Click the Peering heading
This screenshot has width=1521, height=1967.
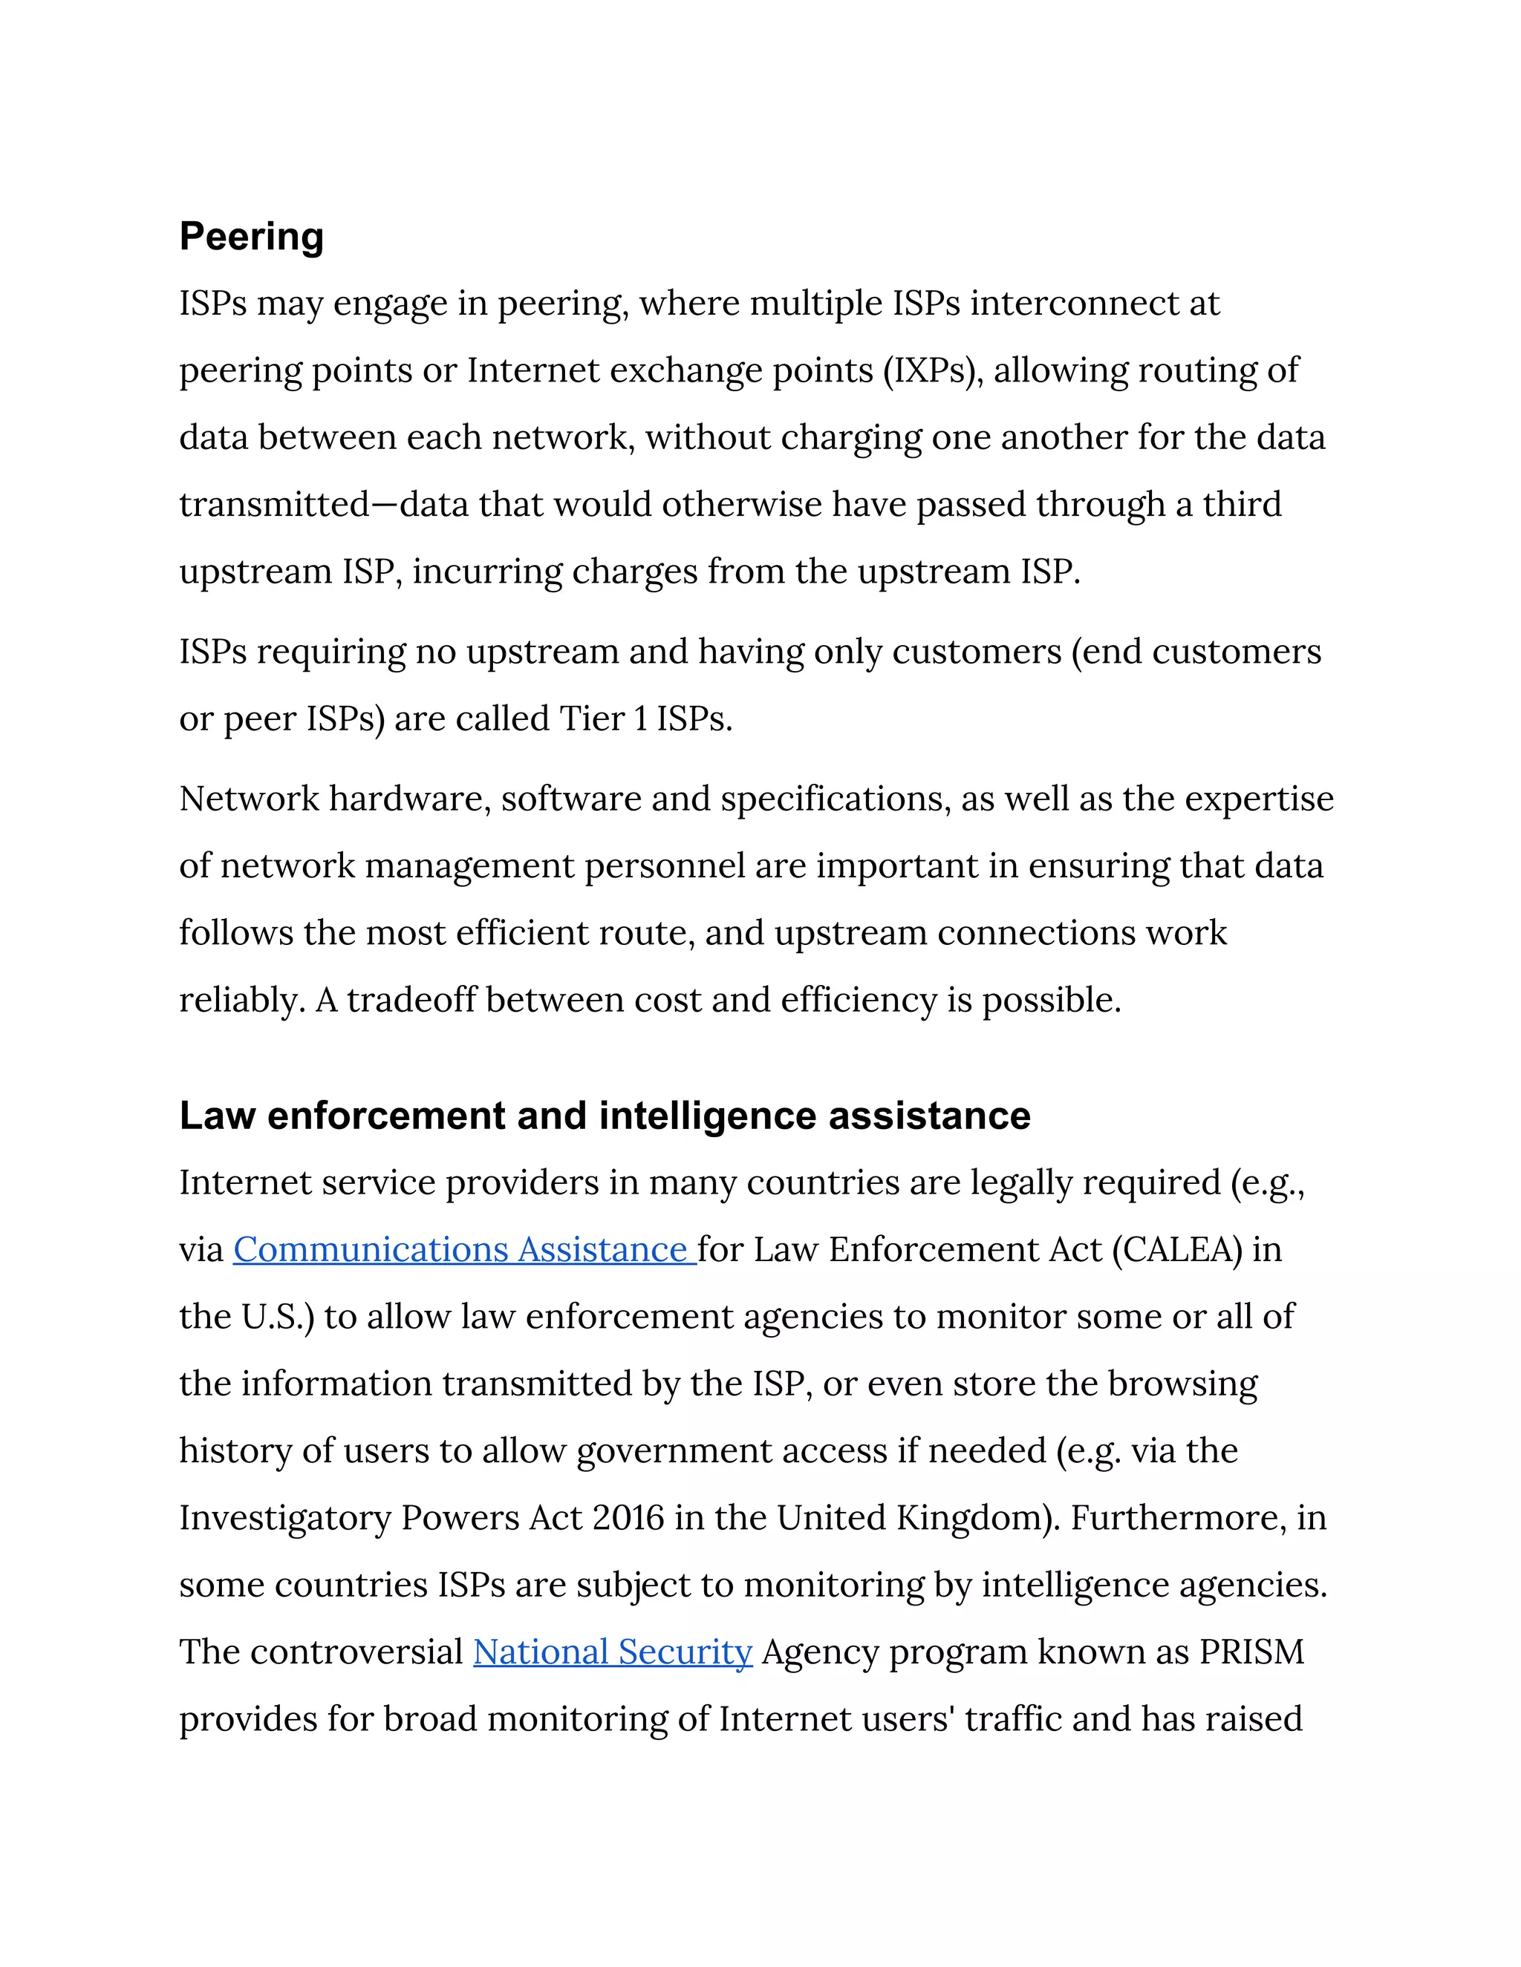252,237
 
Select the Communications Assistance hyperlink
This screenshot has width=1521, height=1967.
464,1250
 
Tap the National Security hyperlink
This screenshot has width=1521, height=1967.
613,1652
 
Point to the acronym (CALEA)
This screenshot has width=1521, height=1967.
1178,1250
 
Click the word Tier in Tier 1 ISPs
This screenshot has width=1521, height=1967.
594,719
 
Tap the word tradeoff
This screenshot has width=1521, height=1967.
411,1000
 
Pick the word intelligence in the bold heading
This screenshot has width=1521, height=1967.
709,1116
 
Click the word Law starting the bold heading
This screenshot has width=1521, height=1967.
217,1116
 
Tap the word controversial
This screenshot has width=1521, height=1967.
356,1652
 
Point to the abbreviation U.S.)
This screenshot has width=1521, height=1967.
278,1317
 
